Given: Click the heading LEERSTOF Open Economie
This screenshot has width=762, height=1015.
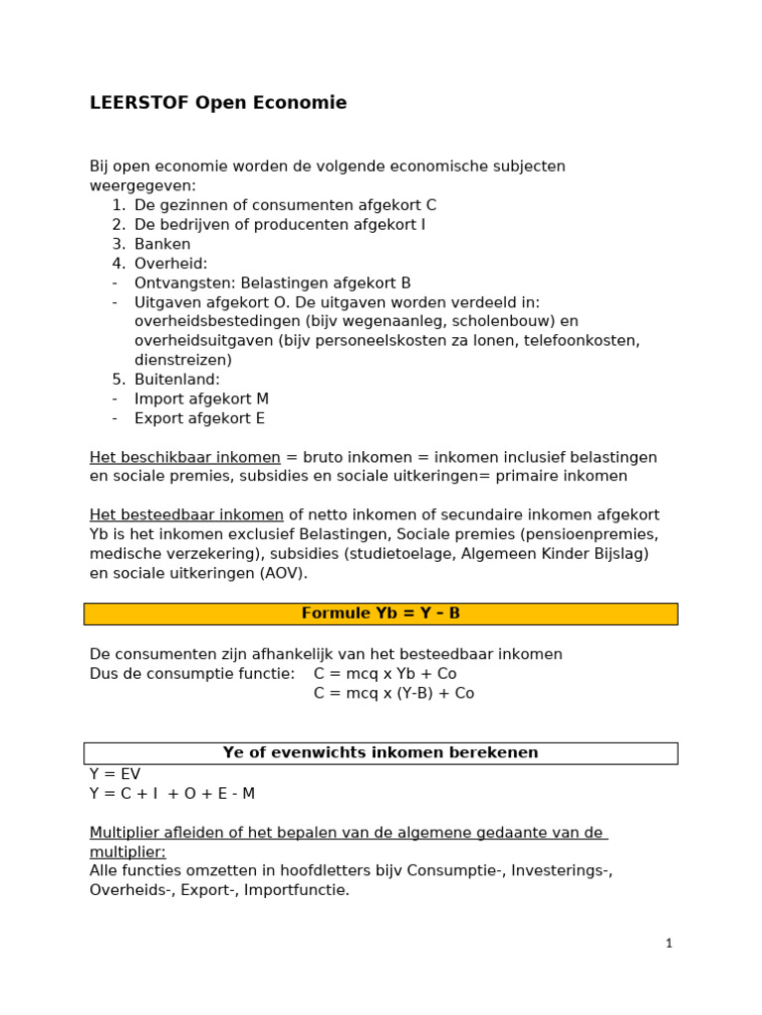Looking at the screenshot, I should click(x=218, y=103).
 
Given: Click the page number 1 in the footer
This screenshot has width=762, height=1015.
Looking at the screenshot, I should click(x=669, y=944).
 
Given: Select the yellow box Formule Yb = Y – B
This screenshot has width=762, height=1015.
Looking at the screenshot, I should click(x=380, y=614).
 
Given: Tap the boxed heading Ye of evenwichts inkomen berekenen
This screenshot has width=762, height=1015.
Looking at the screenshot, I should click(x=380, y=752).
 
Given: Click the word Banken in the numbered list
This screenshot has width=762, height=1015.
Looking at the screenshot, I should click(x=163, y=244).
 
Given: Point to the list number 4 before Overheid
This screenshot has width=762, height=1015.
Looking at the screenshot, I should click(x=117, y=264).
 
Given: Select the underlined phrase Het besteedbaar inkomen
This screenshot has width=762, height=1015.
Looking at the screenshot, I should click(x=187, y=515).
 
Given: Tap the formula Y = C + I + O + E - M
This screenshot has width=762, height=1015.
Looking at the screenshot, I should click(x=172, y=793).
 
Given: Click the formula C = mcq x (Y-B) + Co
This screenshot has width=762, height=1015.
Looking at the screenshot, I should click(x=394, y=694).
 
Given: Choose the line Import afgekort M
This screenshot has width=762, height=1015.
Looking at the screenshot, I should click(x=201, y=398).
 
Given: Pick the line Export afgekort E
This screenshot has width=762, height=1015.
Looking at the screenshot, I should click(x=199, y=418).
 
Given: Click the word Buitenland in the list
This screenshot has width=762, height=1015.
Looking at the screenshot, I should click(x=177, y=380).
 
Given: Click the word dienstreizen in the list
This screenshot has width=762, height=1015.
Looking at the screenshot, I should click(x=183, y=360).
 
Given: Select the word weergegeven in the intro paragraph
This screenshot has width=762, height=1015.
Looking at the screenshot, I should click(x=142, y=185).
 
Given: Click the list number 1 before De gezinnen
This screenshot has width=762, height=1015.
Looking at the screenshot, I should click(x=117, y=205).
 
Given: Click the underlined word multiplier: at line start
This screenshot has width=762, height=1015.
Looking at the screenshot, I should click(x=127, y=852).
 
